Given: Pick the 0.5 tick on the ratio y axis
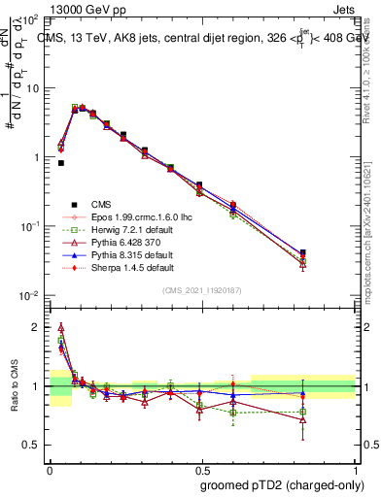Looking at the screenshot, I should point(35,445).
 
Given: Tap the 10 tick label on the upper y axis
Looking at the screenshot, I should point(32,88).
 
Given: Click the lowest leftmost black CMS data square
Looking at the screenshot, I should point(60,163).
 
